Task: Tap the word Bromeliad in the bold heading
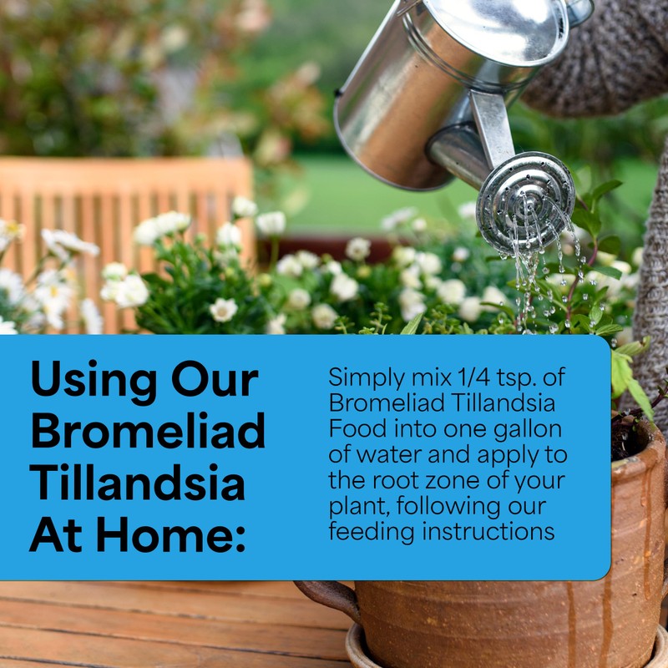(147, 432)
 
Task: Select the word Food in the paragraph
(356, 430)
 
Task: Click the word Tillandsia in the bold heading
(138, 483)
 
